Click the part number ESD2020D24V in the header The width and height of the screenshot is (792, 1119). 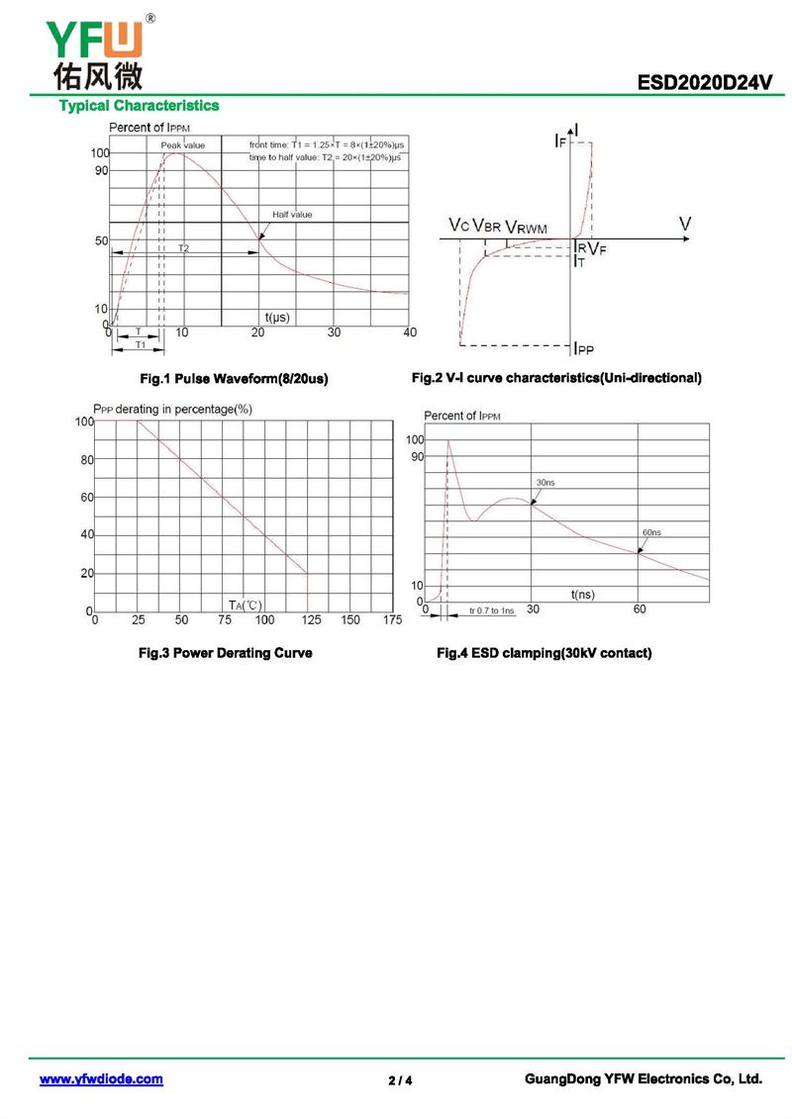(705, 84)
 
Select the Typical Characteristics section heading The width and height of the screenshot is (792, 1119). (139, 106)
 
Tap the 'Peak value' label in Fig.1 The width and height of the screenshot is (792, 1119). (183, 145)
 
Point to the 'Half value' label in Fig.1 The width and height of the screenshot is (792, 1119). (292, 214)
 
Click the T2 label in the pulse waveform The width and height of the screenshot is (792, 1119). (184, 248)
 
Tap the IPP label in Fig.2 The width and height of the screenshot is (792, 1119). (584, 348)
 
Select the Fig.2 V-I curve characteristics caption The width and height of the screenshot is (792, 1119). (556, 378)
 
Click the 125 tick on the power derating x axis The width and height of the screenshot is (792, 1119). (309, 620)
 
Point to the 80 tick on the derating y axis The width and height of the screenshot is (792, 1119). (86, 459)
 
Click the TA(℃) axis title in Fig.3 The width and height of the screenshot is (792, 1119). (245, 605)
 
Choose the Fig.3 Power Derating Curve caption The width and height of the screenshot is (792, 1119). (226, 653)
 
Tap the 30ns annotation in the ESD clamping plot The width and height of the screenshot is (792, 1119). (544, 482)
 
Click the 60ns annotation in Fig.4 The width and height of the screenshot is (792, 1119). (650, 532)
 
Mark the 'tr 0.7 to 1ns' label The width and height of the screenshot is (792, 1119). (492, 611)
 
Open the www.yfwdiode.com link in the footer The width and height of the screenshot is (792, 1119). (101, 1079)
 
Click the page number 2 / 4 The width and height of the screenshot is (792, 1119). (400, 1080)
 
